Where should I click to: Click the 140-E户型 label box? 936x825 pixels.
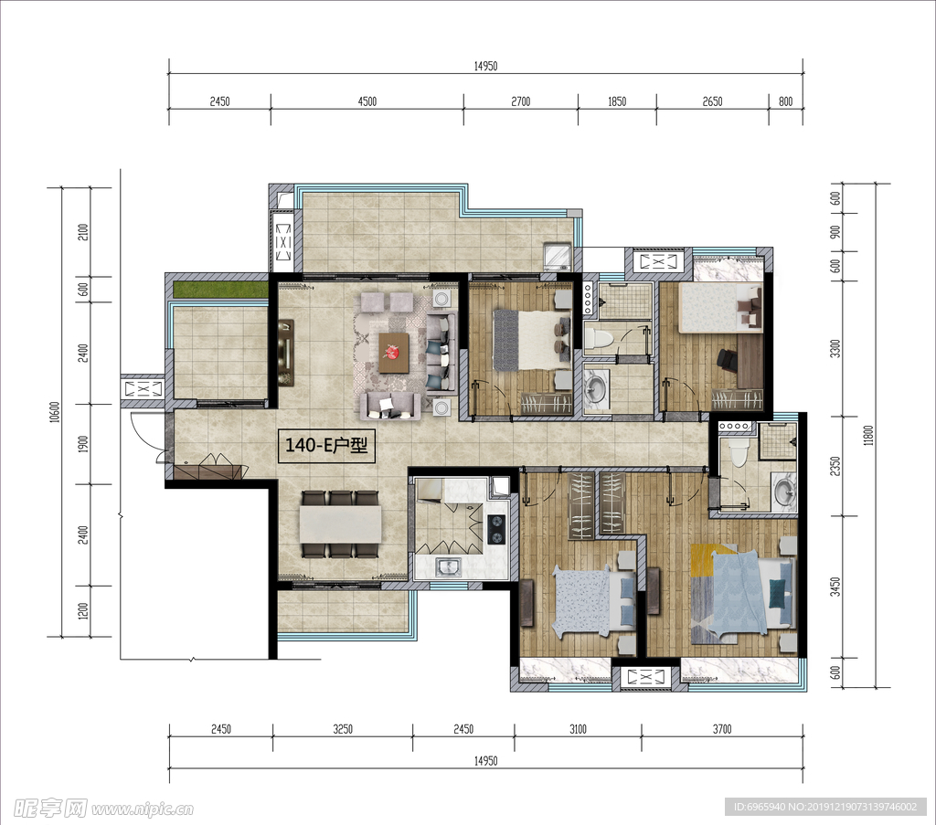326,445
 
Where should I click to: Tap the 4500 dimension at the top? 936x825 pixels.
367,101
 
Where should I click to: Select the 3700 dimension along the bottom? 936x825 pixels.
722,729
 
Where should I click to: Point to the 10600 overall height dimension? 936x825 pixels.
55,412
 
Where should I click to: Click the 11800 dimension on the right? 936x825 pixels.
868,436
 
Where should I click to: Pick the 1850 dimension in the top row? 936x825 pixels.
617,101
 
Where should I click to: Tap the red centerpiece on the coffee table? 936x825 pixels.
393,353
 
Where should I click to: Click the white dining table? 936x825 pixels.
340,524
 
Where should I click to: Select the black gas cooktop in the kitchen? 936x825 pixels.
497,530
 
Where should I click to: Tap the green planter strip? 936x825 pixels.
220,290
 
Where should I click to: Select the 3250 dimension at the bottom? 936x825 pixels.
343,729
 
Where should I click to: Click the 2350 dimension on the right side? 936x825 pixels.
835,467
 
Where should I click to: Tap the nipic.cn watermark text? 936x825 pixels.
143,809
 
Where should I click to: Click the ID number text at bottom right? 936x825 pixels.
825,807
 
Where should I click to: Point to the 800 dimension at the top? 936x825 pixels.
785,101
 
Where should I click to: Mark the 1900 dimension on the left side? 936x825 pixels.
83,444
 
